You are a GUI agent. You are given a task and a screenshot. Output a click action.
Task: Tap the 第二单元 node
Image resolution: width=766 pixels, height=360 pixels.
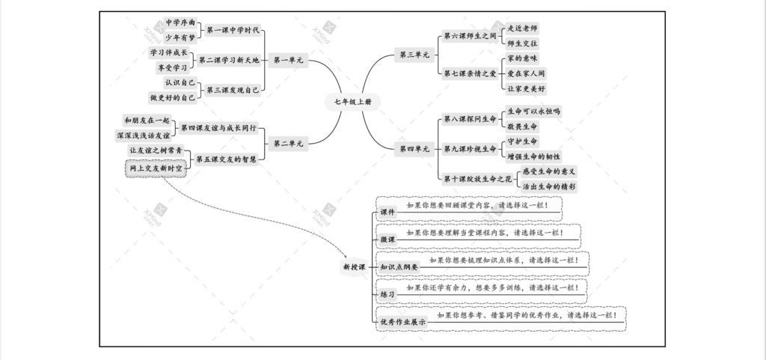pyautogui.click(x=288, y=143)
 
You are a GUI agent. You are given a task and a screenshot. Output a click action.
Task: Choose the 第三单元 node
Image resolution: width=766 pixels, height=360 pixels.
pyautogui.click(x=414, y=55)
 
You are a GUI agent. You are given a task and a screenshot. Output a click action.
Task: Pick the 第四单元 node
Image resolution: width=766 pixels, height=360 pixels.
pyautogui.click(x=414, y=149)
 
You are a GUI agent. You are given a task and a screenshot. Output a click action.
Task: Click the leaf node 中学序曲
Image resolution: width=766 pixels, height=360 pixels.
pyautogui.click(x=180, y=22)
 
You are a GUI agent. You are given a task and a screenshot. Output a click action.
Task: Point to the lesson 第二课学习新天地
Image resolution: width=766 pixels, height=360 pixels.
pyautogui.click(x=229, y=60)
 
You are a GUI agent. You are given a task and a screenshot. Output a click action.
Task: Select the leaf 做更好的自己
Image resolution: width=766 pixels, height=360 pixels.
pyautogui.click(x=173, y=97)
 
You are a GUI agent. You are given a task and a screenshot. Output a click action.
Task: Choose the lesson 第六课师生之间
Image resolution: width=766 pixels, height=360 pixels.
pyautogui.click(x=470, y=36)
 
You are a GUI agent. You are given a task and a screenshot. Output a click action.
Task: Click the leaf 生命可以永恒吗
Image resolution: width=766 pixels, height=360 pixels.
pyautogui.click(x=533, y=111)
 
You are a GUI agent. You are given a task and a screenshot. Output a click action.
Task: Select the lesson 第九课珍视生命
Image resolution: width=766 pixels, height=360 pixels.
pyautogui.click(x=470, y=149)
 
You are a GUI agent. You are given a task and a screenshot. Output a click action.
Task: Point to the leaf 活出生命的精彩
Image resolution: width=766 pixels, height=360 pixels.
pyautogui.click(x=548, y=186)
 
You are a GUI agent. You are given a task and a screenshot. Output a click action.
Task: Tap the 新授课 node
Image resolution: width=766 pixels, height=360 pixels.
pyautogui.click(x=353, y=266)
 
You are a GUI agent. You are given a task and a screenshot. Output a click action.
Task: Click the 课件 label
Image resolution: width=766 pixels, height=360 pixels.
pyautogui.click(x=387, y=212)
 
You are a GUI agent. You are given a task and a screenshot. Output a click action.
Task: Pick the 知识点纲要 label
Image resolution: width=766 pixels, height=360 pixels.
pyautogui.click(x=399, y=266)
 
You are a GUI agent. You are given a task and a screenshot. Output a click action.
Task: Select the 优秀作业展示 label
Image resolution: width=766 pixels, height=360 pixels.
pyautogui.click(x=402, y=322)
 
